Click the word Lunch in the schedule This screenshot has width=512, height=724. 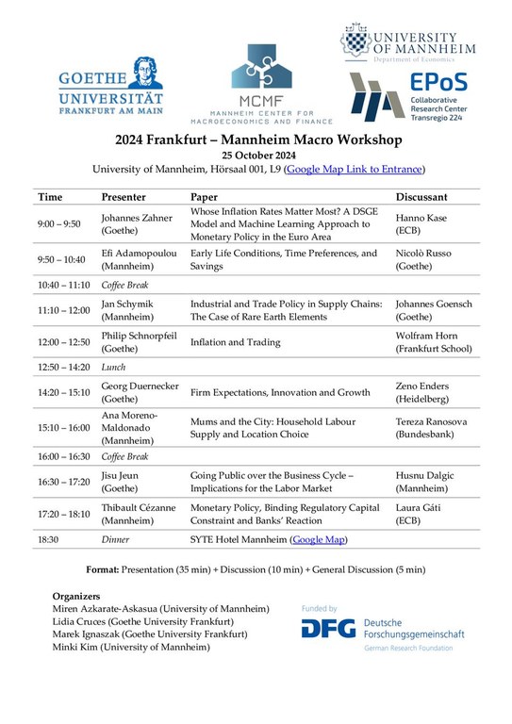[114, 367]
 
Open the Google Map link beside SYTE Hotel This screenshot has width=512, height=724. [319, 540]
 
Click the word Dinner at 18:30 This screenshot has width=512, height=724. [116, 540]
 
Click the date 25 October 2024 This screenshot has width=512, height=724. [258, 155]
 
